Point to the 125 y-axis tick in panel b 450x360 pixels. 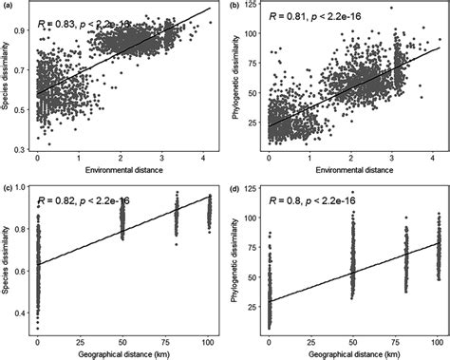pos(253,9)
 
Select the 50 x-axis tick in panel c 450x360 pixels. pos(122,339)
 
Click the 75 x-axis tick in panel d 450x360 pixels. pos(396,339)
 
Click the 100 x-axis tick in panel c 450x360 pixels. pos(208,339)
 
